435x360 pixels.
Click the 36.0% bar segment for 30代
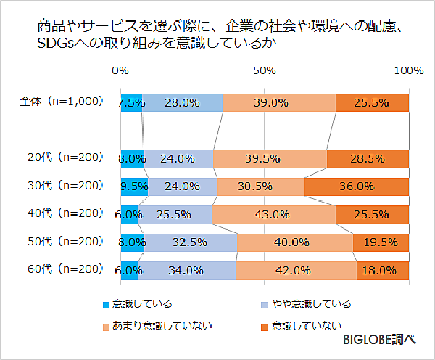(357, 187)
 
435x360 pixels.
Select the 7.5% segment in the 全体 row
(131, 103)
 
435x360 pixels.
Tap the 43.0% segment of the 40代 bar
(273, 215)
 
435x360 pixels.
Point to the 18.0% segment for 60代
(382, 270)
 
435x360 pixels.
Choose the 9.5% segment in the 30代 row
(134, 187)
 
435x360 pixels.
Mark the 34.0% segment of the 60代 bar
(187, 270)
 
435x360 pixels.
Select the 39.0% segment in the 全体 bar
(279, 103)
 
